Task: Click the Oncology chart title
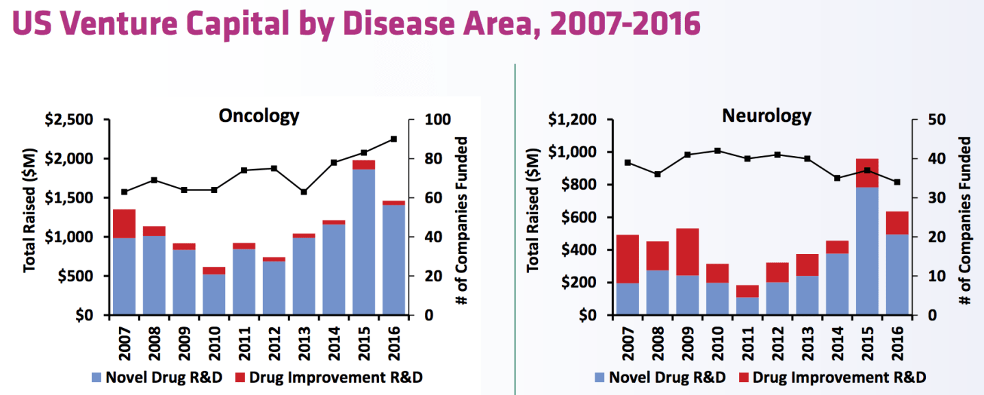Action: [259, 116]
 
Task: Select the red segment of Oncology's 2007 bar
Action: [124, 223]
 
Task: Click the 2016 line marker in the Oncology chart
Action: [393, 139]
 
